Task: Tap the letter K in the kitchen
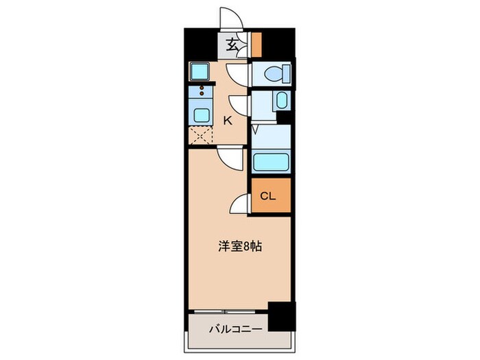pyautogui.click(x=228, y=121)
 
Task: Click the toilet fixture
pyautogui.click(x=276, y=73)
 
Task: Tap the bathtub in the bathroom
pyautogui.click(x=272, y=162)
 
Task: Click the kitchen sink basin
pyautogui.click(x=202, y=114)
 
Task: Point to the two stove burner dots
pyautogui.click(x=202, y=90)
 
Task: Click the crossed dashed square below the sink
pyautogui.click(x=201, y=135)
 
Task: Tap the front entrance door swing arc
pyautogui.click(x=229, y=18)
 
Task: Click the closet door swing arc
pyautogui.click(x=239, y=204)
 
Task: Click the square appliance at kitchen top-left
pyautogui.click(x=201, y=71)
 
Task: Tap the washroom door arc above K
pyautogui.click(x=239, y=105)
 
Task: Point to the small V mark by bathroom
pyautogui.click(x=254, y=128)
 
